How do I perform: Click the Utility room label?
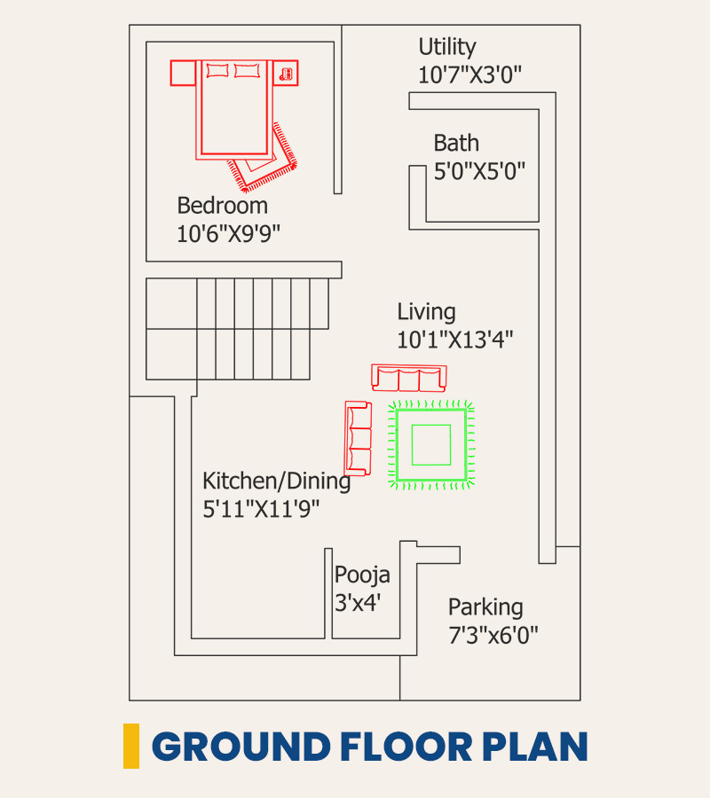point(447,47)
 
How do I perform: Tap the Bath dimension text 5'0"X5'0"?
point(479,171)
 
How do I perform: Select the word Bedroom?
point(223,206)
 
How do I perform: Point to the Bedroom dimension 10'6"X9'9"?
point(229,234)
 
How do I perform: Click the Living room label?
point(426,312)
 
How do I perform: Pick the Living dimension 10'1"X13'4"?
point(454,340)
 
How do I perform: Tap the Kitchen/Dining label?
point(277,481)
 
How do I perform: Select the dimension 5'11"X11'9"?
point(261,509)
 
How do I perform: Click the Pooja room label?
point(362,575)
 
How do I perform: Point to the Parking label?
point(485,607)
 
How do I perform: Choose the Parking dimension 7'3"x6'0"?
point(493,635)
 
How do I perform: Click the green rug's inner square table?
point(431,445)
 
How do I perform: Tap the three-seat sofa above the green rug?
point(409,378)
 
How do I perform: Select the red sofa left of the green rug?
point(358,438)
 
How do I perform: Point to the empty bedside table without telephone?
point(183,73)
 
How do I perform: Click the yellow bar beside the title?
point(131,746)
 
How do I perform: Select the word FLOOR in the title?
point(406,747)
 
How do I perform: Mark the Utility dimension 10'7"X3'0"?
point(469,75)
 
